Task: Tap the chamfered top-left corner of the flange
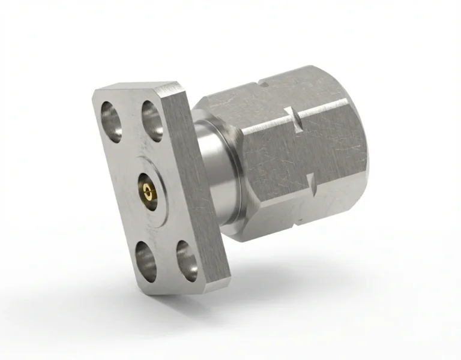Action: [99, 91]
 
